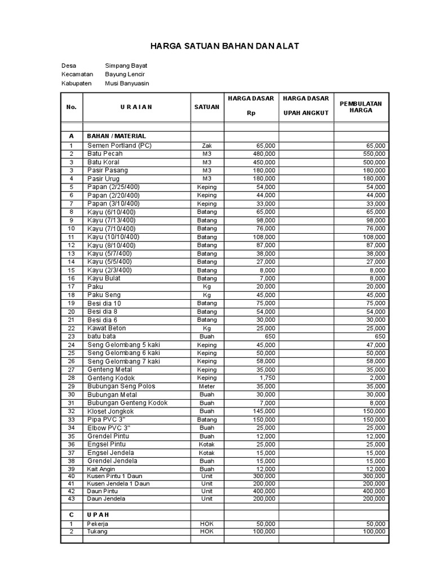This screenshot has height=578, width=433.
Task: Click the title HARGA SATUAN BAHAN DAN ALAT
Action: pyautogui.click(x=216, y=46)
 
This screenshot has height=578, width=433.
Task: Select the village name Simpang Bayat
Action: pyautogui.click(x=126, y=65)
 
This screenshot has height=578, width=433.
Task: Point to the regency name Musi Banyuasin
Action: pyautogui.click(x=127, y=84)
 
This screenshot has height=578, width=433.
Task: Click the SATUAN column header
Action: pyautogui.click(x=207, y=107)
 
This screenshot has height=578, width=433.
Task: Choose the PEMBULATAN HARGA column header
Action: pyautogui.click(x=361, y=107)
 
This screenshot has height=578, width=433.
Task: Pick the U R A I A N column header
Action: pyautogui.click(x=136, y=107)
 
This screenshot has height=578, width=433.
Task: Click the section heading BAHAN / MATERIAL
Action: pyautogui.click(x=116, y=136)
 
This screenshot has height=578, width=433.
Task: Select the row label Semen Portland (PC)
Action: pyautogui.click(x=120, y=145)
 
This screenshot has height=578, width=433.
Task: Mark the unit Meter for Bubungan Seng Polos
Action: pyautogui.click(x=207, y=387)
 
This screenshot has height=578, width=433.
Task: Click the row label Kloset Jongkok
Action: pyautogui.click(x=111, y=411)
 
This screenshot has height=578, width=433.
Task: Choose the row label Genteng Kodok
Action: pyautogui.click(x=111, y=378)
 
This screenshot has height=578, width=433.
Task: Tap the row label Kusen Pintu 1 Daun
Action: pyautogui.click(x=114, y=476)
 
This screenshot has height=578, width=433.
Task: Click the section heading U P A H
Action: pyautogui.click(x=98, y=515)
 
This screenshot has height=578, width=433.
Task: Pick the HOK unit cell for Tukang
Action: pyautogui.click(x=207, y=531)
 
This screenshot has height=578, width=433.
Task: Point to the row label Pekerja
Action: pyautogui.click(x=98, y=524)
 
